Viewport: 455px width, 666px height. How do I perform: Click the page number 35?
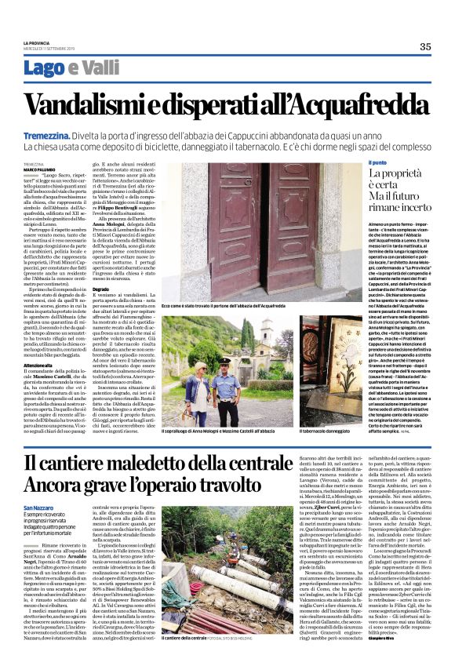click(424, 46)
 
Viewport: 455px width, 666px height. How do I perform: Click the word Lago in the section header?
click(65, 68)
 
